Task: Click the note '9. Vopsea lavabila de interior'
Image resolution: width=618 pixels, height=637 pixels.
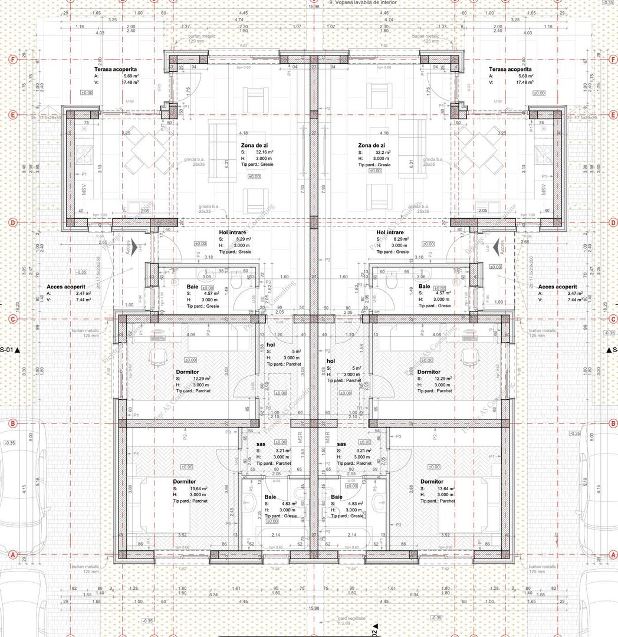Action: coord(364,3)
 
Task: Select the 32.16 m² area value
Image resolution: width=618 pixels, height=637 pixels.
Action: coord(260,152)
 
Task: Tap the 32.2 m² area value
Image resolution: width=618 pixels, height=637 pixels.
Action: coord(375,152)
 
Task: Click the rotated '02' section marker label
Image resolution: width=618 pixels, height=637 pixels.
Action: coord(374,631)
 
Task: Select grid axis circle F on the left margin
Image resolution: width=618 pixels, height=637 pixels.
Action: coord(11,60)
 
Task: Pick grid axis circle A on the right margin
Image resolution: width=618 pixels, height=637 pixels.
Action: coord(610,555)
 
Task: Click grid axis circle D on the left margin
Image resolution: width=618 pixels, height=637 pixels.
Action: coord(11,222)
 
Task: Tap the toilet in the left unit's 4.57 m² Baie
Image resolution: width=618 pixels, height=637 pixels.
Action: coord(237,283)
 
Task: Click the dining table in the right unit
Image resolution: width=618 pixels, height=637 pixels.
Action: coord(476,152)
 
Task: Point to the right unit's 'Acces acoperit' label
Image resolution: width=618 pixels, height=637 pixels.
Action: coord(557,287)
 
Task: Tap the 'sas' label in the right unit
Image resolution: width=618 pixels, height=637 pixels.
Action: coord(341,444)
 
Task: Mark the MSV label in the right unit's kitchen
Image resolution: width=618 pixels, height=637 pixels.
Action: coord(544,190)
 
